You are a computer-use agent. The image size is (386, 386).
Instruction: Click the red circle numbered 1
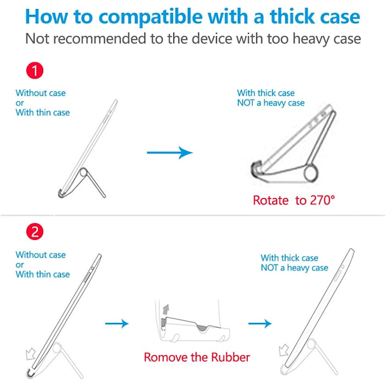pos(35,70)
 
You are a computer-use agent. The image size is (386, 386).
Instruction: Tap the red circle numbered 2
pos(35,232)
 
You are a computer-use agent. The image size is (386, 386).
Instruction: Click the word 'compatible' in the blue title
pos(151,17)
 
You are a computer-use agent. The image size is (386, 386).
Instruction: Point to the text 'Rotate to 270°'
pos(294,200)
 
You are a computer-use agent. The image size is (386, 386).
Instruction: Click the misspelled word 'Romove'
pos(165,357)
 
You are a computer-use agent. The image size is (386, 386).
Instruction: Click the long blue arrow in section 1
pos(170,152)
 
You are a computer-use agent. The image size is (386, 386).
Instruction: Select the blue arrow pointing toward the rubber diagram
pos(116,323)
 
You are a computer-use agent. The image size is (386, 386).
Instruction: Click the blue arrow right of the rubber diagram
pos(260,323)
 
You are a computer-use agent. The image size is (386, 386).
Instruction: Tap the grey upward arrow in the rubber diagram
pos(166,309)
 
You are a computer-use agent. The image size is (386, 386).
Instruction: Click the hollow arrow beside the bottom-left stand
pos(30,354)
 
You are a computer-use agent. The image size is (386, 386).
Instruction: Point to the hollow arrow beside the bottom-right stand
pos(284,350)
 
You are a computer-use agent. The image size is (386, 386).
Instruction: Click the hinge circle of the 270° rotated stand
pos(311,174)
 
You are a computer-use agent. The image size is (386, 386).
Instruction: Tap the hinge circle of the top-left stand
pos(83,172)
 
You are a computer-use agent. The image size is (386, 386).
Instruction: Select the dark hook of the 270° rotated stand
pos(256,169)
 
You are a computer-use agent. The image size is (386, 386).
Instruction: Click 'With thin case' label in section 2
pos(42,274)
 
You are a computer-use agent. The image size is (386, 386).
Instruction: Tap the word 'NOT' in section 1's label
pos(246,103)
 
